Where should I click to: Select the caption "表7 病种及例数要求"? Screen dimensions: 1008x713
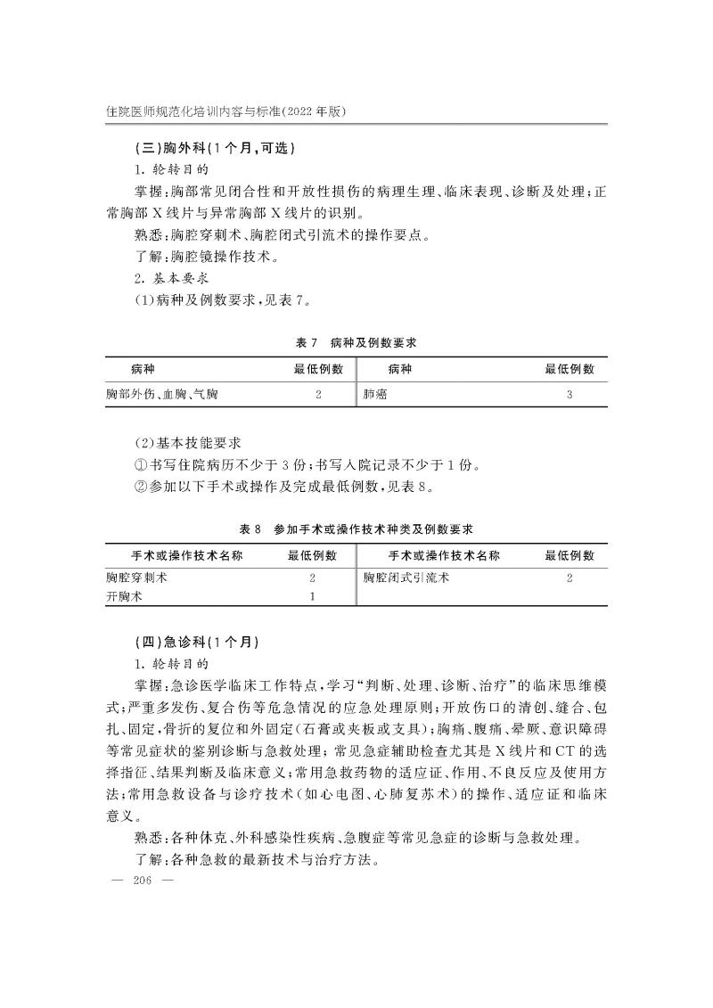(x=356, y=342)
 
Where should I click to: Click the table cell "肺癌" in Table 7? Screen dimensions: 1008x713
(x=376, y=393)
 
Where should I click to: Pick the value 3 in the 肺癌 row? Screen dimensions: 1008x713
(x=569, y=393)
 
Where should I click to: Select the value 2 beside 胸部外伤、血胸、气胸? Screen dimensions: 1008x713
(x=318, y=393)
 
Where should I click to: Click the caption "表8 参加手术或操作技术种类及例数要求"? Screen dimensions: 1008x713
(x=356, y=529)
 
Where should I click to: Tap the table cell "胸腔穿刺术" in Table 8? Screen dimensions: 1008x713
(x=137, y=578)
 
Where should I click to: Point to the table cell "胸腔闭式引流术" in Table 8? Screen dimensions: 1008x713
(x=406, y=578)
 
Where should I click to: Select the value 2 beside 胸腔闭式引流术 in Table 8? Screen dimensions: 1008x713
(x=569, y=578)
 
